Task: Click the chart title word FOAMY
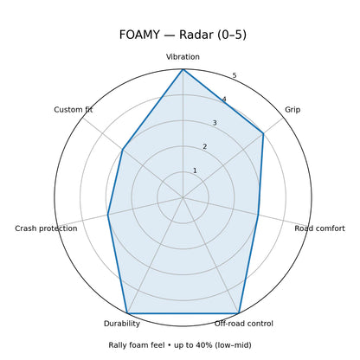139,35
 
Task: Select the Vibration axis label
183,57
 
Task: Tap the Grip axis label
292,110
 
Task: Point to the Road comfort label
319,228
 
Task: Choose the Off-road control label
243,324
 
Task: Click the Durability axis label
122,324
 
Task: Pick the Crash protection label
46,228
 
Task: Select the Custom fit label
74,110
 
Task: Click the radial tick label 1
195,170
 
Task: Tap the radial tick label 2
205,147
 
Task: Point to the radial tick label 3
215,123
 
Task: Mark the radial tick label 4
224,100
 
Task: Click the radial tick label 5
235,75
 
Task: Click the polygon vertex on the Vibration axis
183,69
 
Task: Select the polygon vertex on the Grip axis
263,133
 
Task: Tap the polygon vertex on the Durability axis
127,313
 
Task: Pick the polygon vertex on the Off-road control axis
239,313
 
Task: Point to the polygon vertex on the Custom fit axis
123,150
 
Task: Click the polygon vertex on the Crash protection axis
107,215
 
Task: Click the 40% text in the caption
202,345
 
